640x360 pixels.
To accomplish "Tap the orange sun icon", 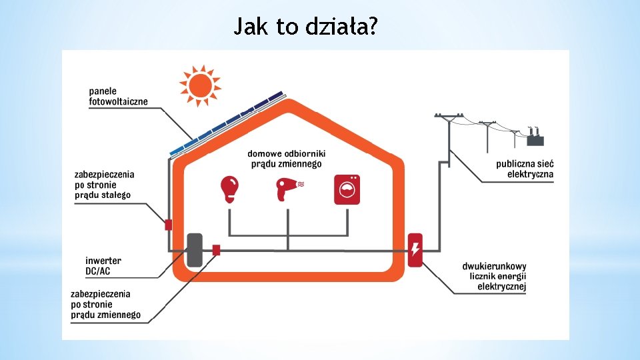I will click(199, 85).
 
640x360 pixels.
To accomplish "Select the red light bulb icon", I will click(229, 189).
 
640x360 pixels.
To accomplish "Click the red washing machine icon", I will click(347, 189).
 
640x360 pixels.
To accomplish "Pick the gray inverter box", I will click(194, 249).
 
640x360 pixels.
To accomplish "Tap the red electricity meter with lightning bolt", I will click(415, 250).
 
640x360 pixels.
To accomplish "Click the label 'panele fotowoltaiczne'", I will click(118, 96).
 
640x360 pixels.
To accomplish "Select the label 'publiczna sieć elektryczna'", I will click(525, 169).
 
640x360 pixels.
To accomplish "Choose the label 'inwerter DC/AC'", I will click(103, 266).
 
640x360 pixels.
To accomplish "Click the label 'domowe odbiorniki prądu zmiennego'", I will click(286, 158).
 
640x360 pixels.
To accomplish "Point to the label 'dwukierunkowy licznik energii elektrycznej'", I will click(494, 277).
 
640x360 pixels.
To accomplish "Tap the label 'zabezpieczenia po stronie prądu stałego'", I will click(104, 185).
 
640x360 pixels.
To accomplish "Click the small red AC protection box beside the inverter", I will click(216, 249).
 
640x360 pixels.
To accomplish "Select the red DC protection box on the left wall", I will click(169, 225).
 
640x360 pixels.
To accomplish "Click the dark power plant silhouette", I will click(535, 138).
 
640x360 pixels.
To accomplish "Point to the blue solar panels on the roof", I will click(227, 123).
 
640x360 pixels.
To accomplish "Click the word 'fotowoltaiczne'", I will click(118, 101).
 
